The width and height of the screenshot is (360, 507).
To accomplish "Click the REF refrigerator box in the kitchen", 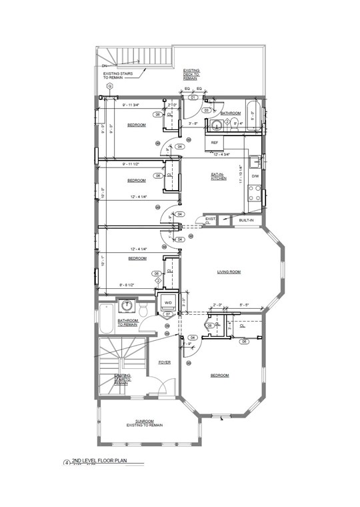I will (x=215, y=143).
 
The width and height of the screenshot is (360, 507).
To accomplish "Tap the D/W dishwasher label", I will (x=254, y=176).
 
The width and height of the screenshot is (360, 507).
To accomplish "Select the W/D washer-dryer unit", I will (x=168, y=302).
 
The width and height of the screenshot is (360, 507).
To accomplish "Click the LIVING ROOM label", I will (x=229, y=272).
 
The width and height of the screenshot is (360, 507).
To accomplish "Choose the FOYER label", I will (x=165, y=362).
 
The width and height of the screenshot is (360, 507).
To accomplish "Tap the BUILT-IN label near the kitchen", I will (x=247, y=219).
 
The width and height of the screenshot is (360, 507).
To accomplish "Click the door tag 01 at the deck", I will (x=192, y=97).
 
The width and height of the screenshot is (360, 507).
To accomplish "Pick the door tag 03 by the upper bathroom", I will (x=207, y=110).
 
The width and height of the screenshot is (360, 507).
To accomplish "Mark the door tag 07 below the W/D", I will (x=169, y=314).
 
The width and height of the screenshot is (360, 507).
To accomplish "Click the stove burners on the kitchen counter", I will (x=254, y=193).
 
